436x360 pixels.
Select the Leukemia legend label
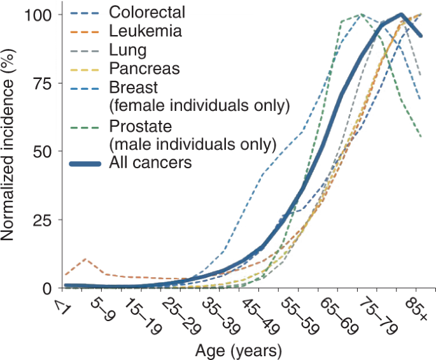click(x=146, y=30)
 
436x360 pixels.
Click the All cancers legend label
click(x=151, y=162)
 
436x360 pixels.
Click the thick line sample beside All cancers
click(x=85, y=163)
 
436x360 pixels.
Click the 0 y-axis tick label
click(x=51, y=289)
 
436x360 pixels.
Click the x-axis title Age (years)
click(x=239, y=350)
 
